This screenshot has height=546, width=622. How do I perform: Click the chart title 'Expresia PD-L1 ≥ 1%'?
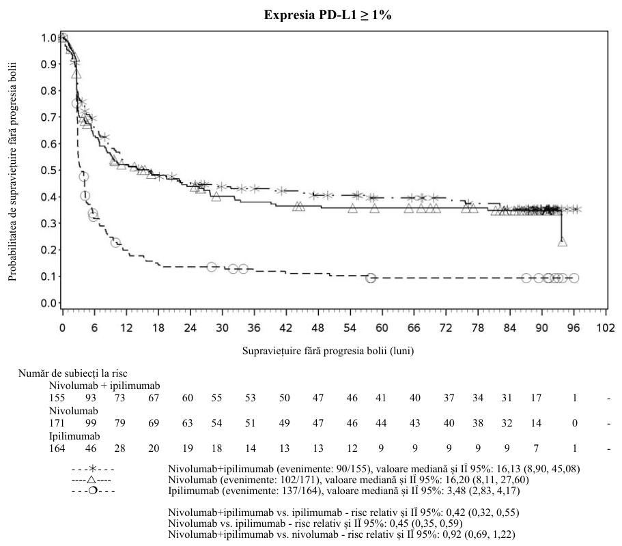click(328, 15)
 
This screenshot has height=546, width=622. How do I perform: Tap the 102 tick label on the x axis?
click(606, 328)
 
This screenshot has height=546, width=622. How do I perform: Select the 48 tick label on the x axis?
click(317, 328)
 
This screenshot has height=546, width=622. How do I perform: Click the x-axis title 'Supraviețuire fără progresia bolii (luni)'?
click(328, 351)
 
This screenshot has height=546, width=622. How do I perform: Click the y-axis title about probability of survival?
click(13, 171)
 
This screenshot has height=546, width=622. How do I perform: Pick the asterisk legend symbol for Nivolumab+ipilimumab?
click(93, 469)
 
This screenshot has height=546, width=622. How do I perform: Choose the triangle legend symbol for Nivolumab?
click(91, 480)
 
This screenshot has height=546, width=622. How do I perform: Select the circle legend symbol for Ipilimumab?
click(93, 491)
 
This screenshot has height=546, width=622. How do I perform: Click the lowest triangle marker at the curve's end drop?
click(562, 242)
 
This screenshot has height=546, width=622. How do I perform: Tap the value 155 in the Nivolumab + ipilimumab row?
click(57, 398)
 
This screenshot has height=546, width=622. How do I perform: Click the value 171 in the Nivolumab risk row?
click(57, 423)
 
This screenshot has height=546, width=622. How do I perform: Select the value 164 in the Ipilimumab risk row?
click(57, 448)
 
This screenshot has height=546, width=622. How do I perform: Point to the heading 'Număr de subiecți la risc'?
click(73, 373)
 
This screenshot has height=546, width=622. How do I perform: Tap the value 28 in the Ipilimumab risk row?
click(119, 448)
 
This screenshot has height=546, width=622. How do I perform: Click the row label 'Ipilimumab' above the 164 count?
click(74, 436)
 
